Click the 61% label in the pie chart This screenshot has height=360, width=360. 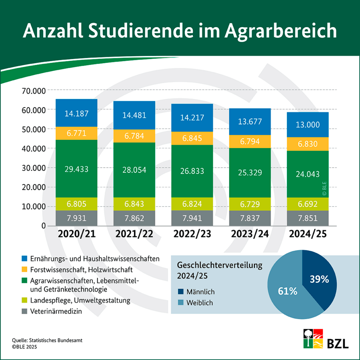tap(288, 291)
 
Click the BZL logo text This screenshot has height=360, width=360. tap(338, 343)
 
